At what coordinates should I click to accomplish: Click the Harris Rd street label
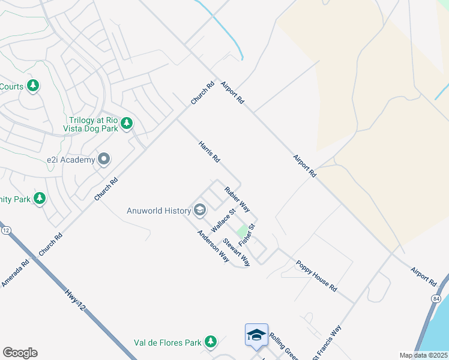click(209, 152)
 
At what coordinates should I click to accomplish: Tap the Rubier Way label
click(237, 199)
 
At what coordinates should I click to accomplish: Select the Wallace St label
click(221, 223)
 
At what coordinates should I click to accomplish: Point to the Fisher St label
click(247, 235)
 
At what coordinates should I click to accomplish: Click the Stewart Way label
click(237, 252)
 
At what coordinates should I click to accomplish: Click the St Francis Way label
click(327, 343)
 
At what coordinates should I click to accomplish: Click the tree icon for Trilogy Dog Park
click(126, 124)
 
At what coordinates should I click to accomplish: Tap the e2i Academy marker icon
click(104, 160)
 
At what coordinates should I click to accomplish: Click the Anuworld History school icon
click(200, 210)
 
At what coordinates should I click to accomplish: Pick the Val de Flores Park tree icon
click(210, 342)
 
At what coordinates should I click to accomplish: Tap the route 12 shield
click(6, 230)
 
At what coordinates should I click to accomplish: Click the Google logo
click(20, 352)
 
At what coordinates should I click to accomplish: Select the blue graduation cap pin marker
click(256, 335)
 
